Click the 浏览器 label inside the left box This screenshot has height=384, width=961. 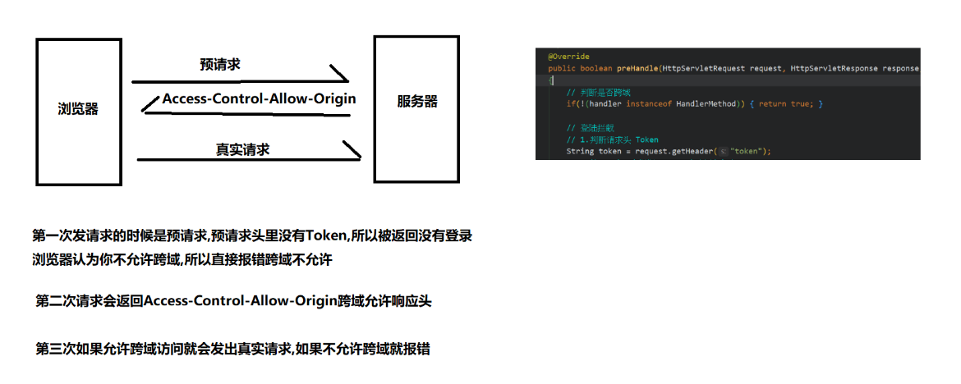tap(78, 109)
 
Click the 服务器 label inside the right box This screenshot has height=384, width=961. tap(417, 102)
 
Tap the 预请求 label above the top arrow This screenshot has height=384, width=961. tap(220, 64)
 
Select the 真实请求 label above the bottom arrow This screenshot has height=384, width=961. tap(243, 149)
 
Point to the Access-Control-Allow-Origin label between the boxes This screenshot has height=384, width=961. tap(259, 98)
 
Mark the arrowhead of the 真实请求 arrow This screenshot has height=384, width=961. tap(352, 151)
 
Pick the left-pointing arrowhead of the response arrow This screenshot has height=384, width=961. tap(149, 103)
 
